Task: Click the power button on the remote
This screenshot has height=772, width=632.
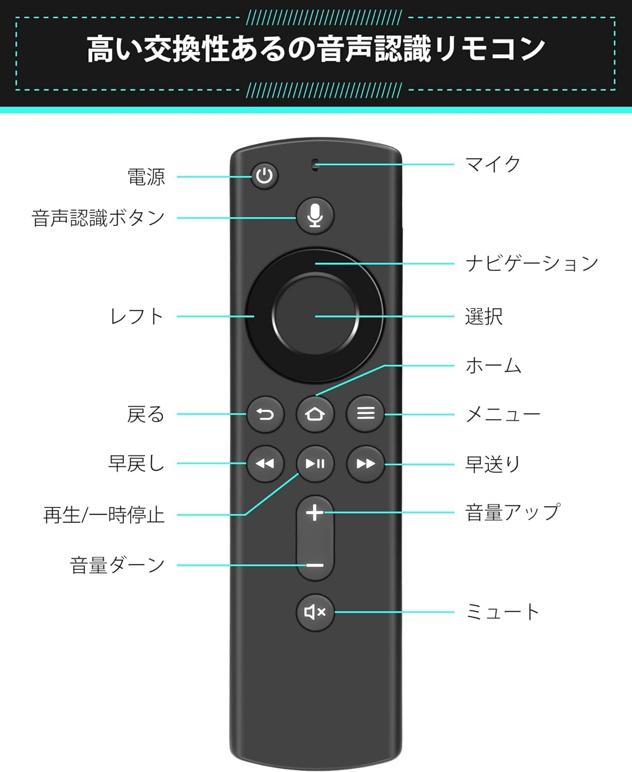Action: [x=265, y=176]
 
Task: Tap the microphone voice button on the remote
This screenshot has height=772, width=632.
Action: [x=315, y=216]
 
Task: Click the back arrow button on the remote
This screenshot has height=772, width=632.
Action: [x=265, y=414]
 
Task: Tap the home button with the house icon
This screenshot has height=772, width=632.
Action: [x=315, y=414]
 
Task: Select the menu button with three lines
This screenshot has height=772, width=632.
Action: [x=365, y=413]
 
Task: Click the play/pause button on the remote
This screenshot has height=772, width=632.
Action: [x=315, y=464]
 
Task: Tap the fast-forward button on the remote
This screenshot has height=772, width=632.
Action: [x=365, y=464]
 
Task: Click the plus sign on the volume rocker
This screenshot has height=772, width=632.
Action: [x=315, y=513]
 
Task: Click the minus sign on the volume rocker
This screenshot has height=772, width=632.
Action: [x=315, y=565]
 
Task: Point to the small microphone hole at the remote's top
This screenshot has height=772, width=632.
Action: [x=315, y=165]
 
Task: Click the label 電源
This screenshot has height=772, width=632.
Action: [x=146, y=177]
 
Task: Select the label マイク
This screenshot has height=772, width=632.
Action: [x=493, y=165]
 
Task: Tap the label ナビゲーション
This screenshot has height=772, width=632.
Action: [x=532, y=264]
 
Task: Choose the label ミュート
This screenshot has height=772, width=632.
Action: [x=502, y=612]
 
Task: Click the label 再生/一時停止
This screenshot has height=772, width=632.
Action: [x=104, y=515]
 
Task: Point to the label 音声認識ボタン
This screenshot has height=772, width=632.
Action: [x=98, y=218]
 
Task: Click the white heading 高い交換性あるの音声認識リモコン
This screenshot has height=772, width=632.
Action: [x=315, y=49]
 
